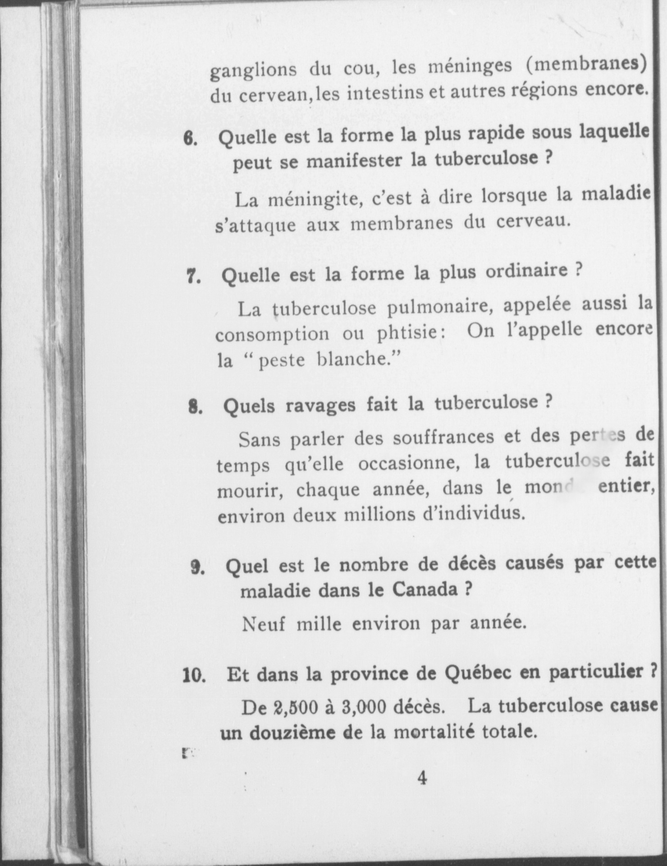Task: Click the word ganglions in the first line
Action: tap(254, 71)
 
